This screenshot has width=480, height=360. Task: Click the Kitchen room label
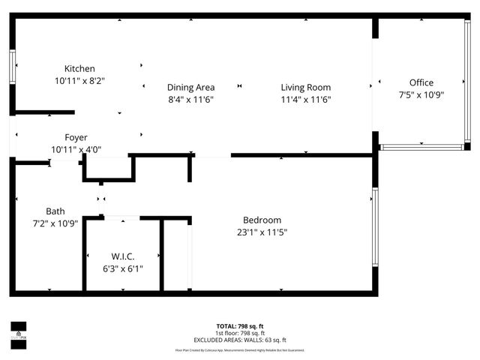tap(79, 69)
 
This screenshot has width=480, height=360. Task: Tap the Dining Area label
tap(190, 88)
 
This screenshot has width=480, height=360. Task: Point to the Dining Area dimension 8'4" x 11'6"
tap(190, 99)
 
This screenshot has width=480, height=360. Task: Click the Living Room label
tap(306, 88)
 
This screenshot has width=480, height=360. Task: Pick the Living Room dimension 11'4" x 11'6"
tap(306, 99)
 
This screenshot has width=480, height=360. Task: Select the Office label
tap(421, 82)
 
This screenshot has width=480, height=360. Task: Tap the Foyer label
tap(76, 137)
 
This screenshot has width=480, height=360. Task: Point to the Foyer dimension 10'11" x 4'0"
tap(76, 149)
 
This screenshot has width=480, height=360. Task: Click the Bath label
tap(55, 211)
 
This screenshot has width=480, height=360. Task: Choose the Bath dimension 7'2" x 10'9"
tap(55, 223)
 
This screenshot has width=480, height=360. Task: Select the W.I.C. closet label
tap(122, 256)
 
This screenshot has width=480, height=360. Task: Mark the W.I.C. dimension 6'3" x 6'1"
tap(122, 268)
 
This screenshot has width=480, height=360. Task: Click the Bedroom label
tap(262, 220)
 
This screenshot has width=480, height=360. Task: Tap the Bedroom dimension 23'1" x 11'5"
tap(262, 232)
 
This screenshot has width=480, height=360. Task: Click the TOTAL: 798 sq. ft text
tap(239, 326)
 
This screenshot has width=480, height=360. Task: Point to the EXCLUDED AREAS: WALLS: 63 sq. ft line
tap(239, 340)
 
